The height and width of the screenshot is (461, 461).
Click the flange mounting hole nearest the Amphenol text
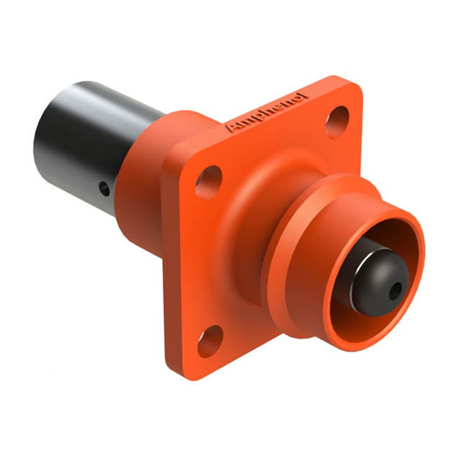click(338, 122)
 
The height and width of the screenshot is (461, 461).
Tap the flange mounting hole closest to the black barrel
click(208, 182)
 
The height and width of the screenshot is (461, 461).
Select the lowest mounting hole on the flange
click(210, 341)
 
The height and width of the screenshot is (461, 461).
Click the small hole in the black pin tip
click(395, 291)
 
